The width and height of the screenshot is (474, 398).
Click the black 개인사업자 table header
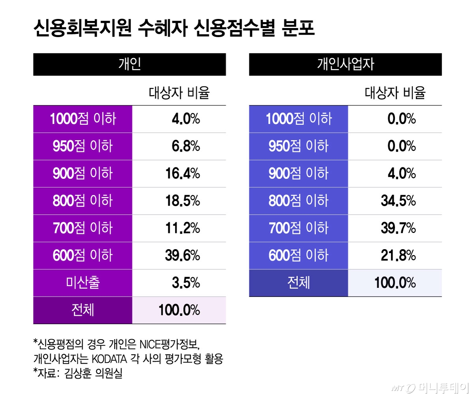(345, 64)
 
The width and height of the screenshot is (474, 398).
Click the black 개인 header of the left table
(130, 64)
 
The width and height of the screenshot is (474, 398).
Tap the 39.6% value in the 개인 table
(182, 255)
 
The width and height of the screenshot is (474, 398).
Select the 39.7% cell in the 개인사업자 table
(398, 228)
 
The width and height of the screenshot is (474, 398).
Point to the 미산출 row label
(83, 283)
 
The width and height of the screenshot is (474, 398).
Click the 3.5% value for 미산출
(185, 283)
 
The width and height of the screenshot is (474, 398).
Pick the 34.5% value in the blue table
(398, 201)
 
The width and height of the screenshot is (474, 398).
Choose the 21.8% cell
(398, 255)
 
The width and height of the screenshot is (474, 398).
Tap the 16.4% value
(182, 174)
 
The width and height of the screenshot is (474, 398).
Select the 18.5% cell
(182, 201)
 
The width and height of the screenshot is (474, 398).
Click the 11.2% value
(182, 228)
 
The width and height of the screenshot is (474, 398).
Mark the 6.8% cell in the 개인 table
(185, 146)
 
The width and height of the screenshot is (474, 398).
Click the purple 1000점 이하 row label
(83, 119)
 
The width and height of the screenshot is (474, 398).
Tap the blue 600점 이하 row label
(298, 255)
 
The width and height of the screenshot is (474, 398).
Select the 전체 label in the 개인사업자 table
(298, 283)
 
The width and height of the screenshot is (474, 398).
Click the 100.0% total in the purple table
(179, 310)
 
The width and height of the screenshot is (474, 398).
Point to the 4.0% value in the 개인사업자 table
(401, 174)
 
